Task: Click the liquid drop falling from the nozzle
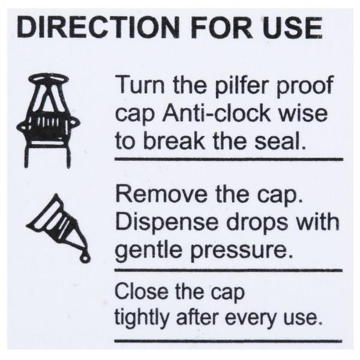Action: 86,257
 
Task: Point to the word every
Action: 250,318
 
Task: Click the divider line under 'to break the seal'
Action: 228,160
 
